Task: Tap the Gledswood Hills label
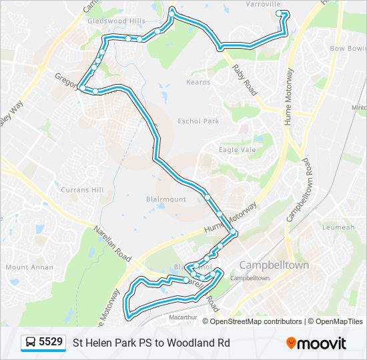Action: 116,21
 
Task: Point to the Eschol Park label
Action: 198,121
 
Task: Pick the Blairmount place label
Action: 165,199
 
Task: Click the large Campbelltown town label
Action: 274,265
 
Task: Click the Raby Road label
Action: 244,77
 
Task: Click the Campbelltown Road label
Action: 298,190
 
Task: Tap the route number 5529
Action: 51,343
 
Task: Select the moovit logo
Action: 316,343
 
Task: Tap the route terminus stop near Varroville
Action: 279,13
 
